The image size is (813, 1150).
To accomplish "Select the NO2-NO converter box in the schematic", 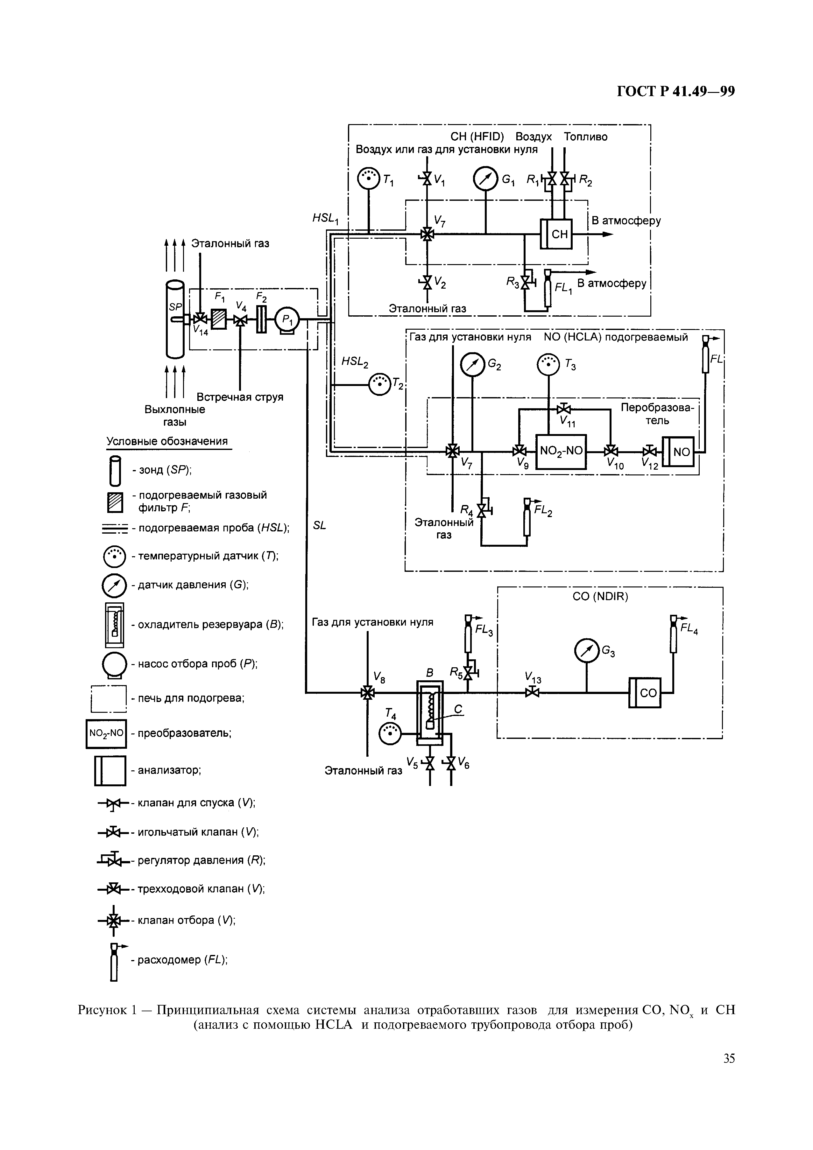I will [561, 451].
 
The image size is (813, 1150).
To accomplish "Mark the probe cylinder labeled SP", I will [175, 319].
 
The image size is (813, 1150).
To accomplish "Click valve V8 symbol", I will [367, 693].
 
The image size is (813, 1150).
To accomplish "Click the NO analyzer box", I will [678, 452].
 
